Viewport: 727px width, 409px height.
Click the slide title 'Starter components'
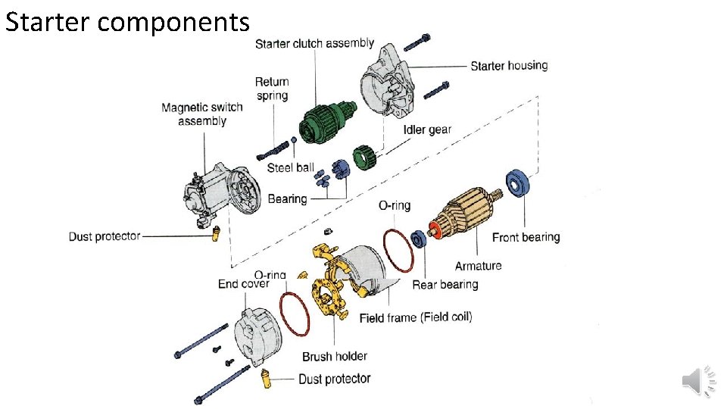click(x=126, y=22)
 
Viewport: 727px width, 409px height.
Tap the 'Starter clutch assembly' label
click(x=314, y=43)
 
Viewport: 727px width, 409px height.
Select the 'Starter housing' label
click(x=509, y=66)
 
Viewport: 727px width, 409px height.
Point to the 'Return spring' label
click(x=272, y=89)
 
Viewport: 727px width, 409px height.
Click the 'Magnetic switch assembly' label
click(x=202, y=114)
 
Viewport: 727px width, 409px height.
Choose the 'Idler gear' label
click(x=427, y=130)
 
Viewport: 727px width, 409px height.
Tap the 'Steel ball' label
click(x=290, y=167)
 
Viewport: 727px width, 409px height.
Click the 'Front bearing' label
click(x=526, y=237)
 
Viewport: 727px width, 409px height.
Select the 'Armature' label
click(x=478, y=266)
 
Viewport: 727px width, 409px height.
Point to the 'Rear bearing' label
click(x=445, y=285)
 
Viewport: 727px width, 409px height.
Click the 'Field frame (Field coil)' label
click(x=416, y=317)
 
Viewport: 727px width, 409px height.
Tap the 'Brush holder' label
click(x=335, y=356)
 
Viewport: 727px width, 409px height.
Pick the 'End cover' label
click(x=243, y=284)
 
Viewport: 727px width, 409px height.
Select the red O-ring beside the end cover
click(x=294, y=314)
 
